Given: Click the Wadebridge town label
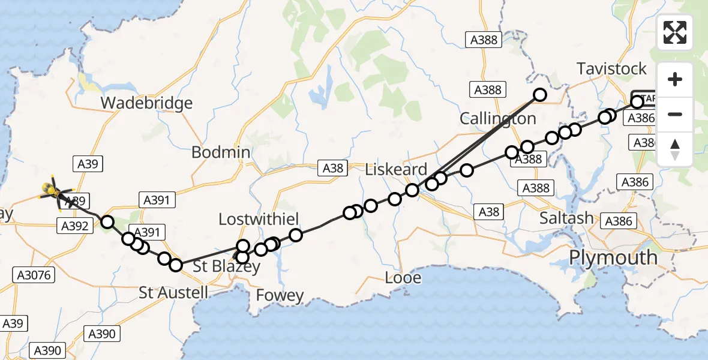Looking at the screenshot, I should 146,103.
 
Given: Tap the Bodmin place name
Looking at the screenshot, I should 221,152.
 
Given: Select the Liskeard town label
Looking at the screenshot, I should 396,169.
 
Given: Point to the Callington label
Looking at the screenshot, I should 497,118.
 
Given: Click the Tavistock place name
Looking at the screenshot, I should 612,69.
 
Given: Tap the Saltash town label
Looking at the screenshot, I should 566,218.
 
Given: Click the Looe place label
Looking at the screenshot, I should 403,278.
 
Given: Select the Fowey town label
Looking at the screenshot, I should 280,295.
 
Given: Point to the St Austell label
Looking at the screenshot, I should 173,293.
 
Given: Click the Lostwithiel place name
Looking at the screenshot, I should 259,220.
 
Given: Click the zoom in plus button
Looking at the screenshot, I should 675,79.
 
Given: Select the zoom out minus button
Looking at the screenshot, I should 675,114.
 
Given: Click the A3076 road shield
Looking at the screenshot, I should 34,275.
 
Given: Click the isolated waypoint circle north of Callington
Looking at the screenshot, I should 540,95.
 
